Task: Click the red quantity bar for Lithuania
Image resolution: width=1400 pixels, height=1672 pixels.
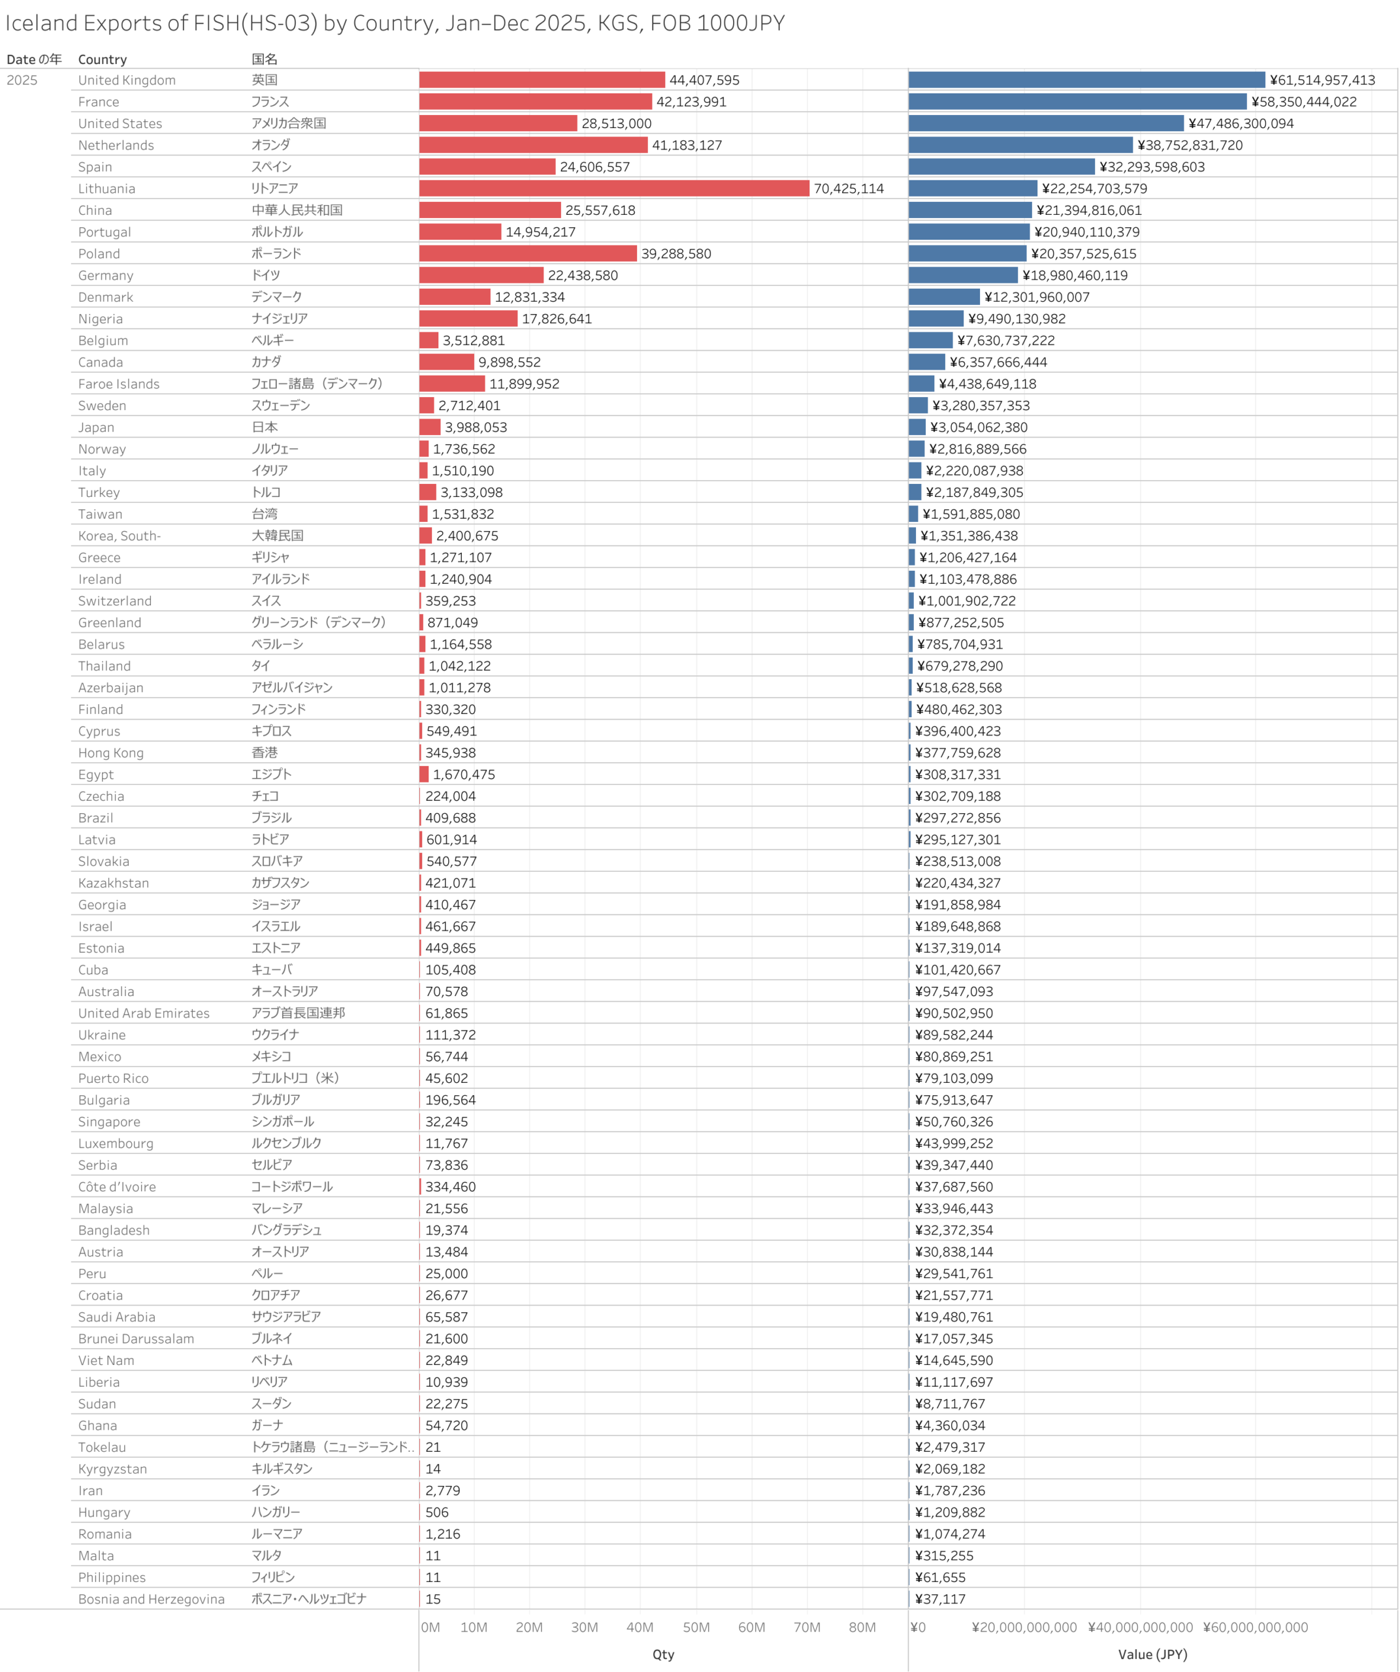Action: pos(613,189)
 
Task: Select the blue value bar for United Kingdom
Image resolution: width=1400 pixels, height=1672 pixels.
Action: pos(1086,80)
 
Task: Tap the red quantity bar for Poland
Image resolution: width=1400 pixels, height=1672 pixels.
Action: pos(527,254)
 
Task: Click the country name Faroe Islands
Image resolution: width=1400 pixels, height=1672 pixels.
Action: pos(119,385)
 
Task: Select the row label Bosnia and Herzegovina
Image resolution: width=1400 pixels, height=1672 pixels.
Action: pos(152,1600)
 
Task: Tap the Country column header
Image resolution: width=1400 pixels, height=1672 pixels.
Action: pos(102,59)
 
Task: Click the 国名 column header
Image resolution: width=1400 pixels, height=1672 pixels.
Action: pos(265,59)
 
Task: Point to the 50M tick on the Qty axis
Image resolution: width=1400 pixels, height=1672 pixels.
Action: pos(696,1628)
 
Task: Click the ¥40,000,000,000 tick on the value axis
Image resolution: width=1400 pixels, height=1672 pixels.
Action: pos(1141,1628)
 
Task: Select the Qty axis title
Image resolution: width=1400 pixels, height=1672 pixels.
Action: pos(662,1654)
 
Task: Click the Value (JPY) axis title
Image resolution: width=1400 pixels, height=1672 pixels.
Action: pos(1152,1654)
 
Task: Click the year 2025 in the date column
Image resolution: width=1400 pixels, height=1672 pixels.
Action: pos(22,80)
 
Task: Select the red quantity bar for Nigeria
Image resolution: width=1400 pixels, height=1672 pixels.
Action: pos(468,319)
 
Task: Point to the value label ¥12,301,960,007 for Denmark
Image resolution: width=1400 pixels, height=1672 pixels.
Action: pos(1036,298)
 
